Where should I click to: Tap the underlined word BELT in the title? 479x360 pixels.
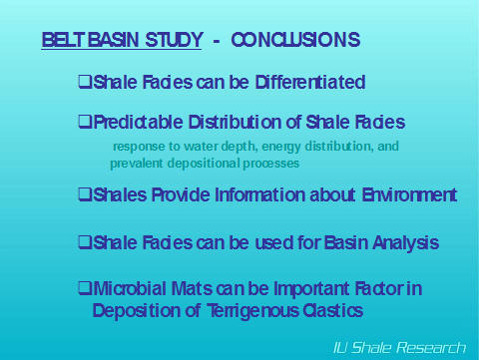(x=61, y=41)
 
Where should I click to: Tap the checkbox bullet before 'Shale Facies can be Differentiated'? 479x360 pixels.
(x=85, y=82)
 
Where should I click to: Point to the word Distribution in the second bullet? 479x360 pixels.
(x=232, y=123)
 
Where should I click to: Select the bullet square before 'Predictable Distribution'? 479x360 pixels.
(x=85, y=123)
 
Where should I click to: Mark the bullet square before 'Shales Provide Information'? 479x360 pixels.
(x=85, y=194)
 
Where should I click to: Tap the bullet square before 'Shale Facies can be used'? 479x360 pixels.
(x=85, y=242)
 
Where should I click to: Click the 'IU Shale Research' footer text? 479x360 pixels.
(x=399, y=347)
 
